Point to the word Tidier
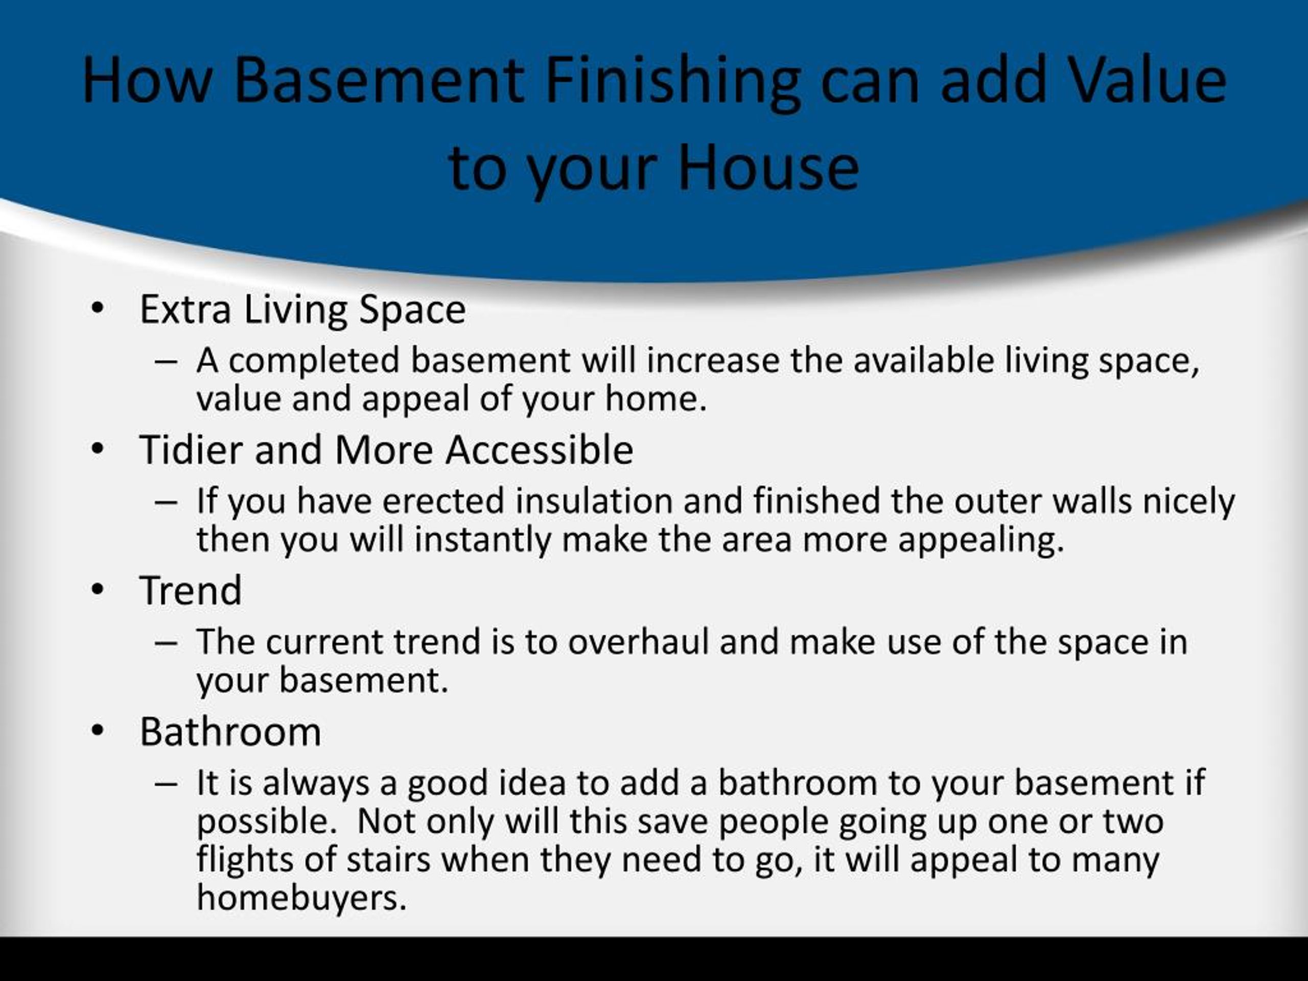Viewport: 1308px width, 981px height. tap(192, 450)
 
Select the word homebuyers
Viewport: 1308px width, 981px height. tap(301, 898)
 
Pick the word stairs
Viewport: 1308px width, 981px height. tap(388, 859)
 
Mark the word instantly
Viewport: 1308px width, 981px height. tap(482, 540)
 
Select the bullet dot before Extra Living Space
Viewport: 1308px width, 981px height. tap(98, 309)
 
